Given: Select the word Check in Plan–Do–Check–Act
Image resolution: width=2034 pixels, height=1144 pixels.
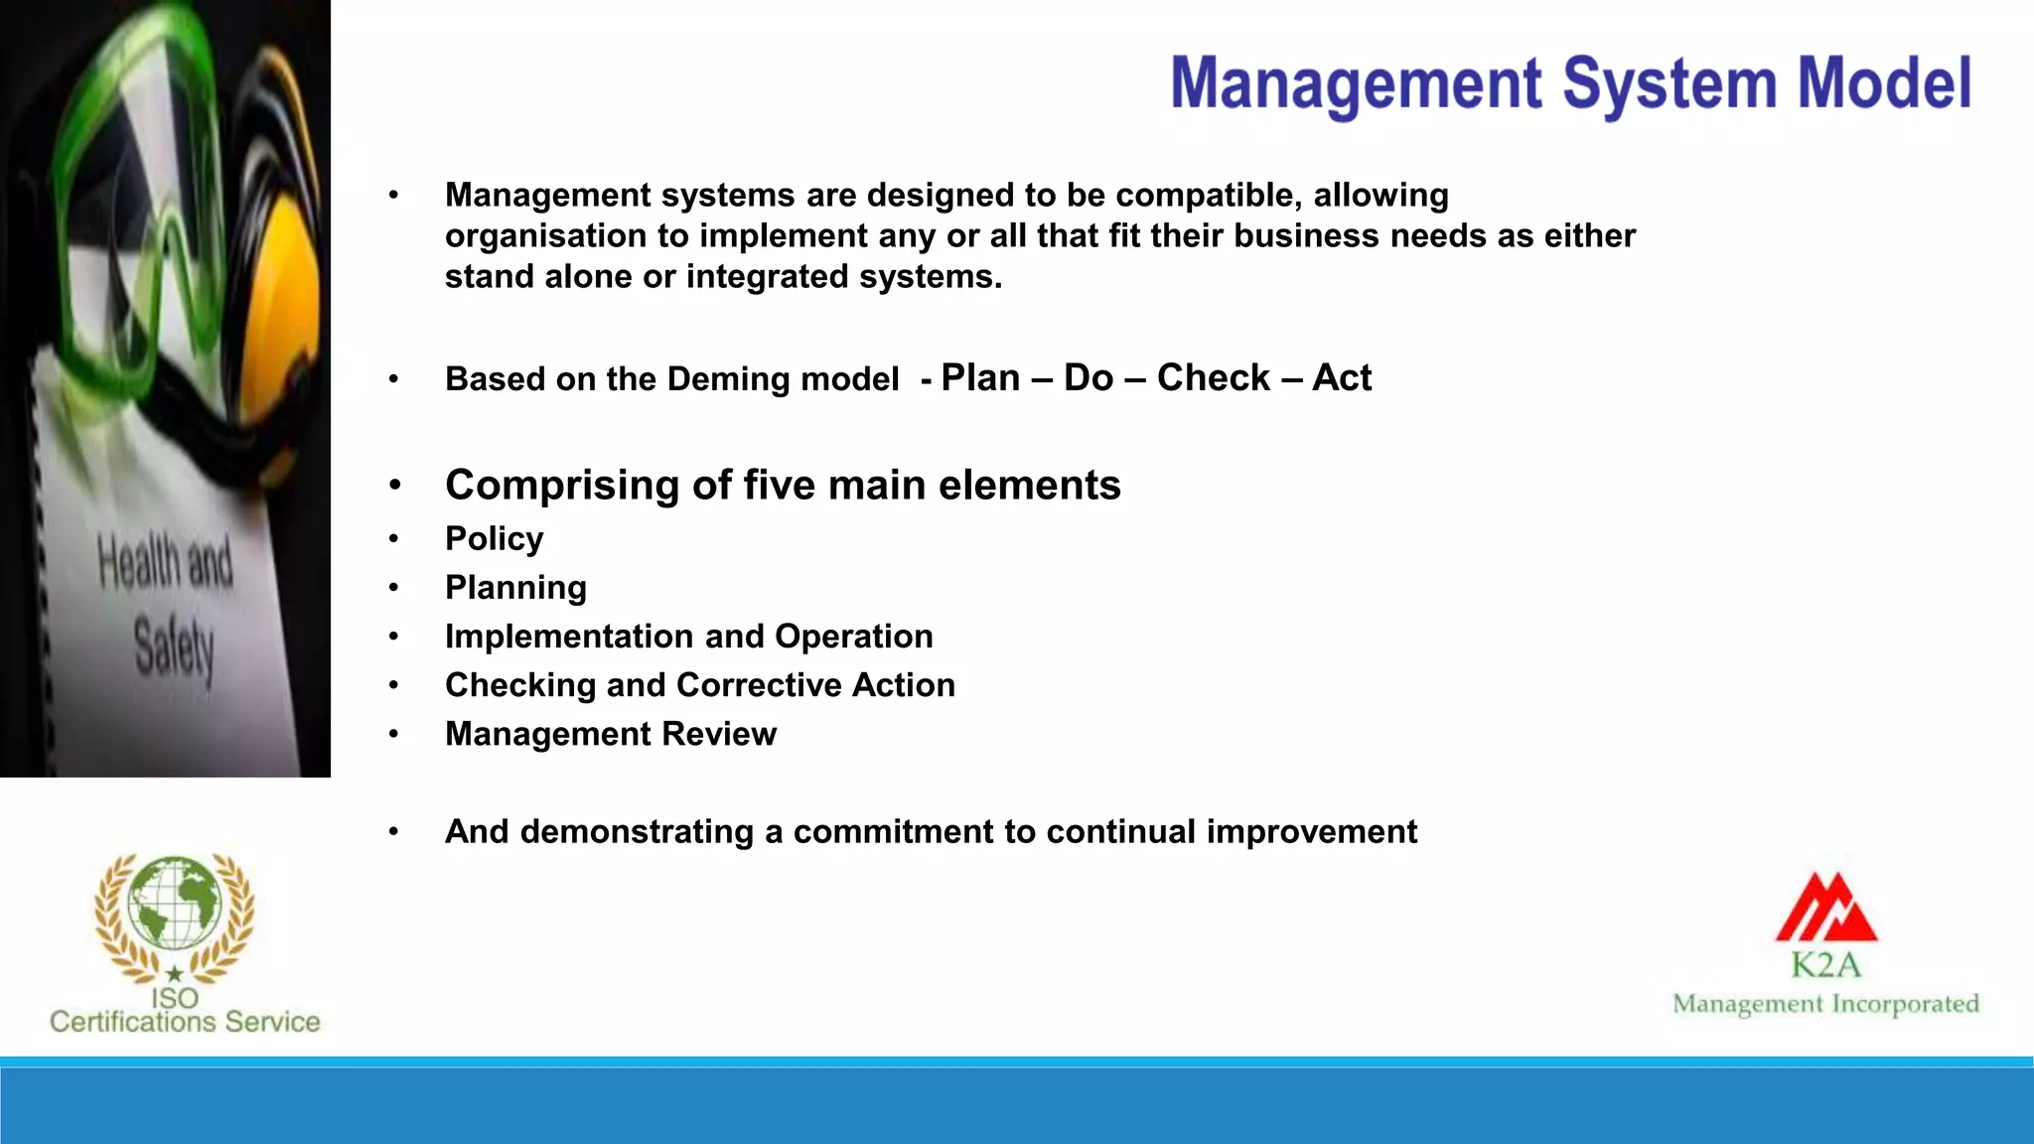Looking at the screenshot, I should click(1213, 378).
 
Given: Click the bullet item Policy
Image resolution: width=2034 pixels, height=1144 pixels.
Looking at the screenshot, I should click(494, 538).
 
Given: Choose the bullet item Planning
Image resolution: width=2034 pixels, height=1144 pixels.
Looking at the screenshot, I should click(515, 588).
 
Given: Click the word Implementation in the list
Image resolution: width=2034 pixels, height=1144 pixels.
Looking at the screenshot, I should click(583, 637).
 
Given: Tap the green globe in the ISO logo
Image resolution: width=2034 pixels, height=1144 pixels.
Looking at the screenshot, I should click(175, 902).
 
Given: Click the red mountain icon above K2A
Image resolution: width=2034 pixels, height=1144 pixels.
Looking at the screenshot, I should click(1825, 909).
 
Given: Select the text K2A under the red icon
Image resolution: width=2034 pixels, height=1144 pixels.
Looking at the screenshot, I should click(1825, 964).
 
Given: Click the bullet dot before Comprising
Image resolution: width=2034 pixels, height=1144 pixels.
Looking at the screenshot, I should click(394, 486).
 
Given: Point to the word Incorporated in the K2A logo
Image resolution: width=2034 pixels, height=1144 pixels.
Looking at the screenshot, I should click(1905, 1004).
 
